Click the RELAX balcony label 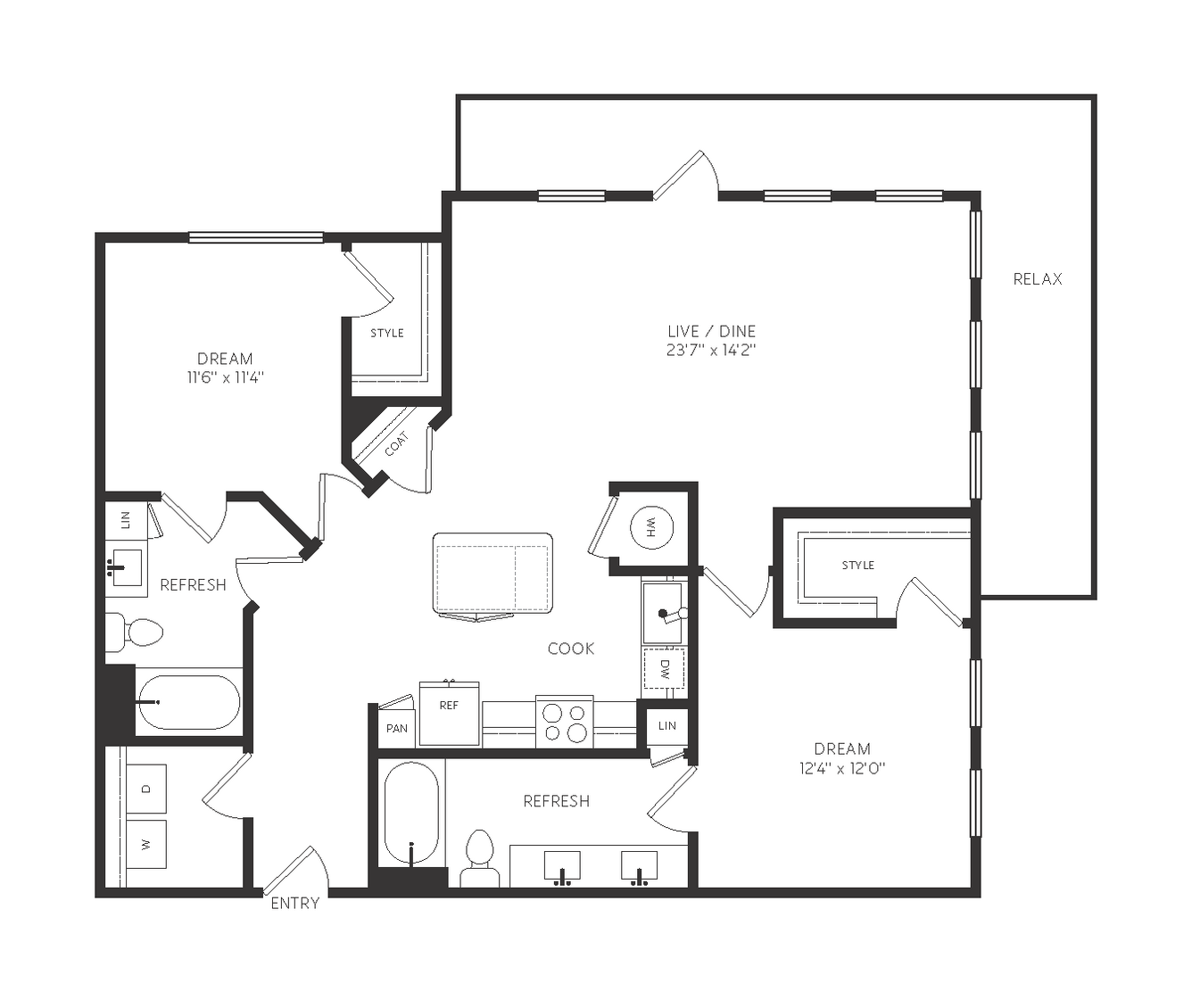click(1038, 279)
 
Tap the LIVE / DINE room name click(711, 331)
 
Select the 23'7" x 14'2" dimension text click(711, 350)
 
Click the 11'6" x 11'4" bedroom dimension click(226, 377)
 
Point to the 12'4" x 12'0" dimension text click(842, 768)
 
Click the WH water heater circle click(651, 527)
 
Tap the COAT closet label click(397, 444)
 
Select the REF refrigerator click(450, 714)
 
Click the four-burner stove click(565, 722)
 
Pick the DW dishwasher click(664, 668)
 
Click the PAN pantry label click(397, 728)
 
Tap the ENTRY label click(295, 903)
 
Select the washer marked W click(146, 844)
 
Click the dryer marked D click(146, 789)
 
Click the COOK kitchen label click(571, 649)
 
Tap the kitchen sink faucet click(672, 614)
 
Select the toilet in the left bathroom click(135, 632)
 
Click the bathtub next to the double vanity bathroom click(411, 813)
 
